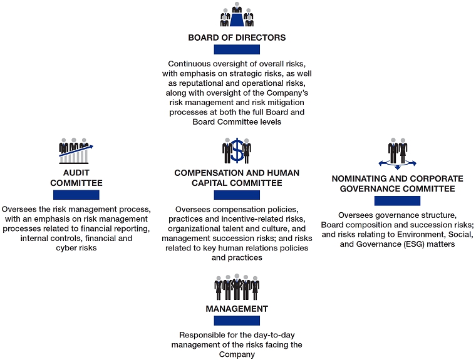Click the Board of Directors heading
(x=237, y=38)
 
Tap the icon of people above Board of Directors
(x=237, y=15)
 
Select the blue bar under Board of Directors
(x=237, y=50)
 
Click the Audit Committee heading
(x=76, y=178)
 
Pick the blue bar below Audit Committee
(x=76, y=195)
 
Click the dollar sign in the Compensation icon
(x=237, y=150)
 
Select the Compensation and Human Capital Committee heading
(x=237, y=178)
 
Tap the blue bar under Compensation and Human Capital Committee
(x=237, y=195)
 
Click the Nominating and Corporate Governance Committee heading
(x=397, y=183)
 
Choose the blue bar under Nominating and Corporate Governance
(x=397, y=201)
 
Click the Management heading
(x=237, y=309)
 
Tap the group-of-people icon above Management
(x=237, y=287)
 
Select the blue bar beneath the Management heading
(x=237, y=321)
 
